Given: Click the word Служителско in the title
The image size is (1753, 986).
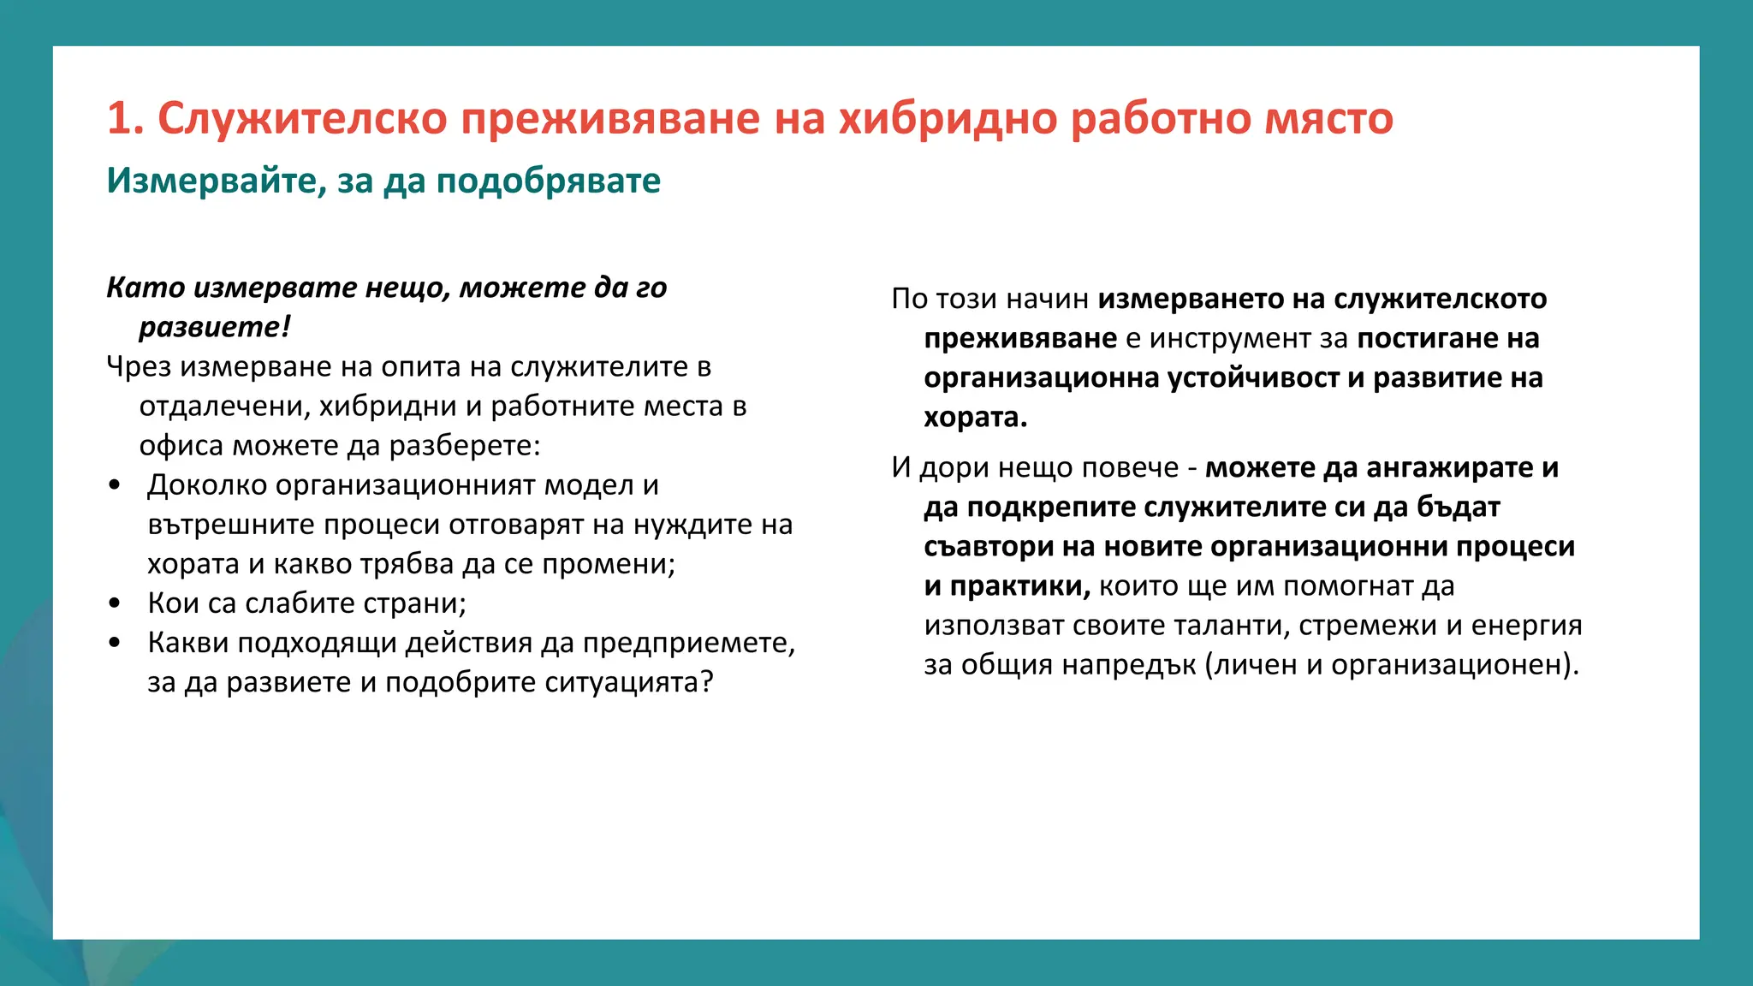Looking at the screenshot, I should pyautogui.click(x=302, y=118).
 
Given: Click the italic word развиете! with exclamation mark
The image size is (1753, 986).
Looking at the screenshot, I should pyautogui.click(x=215, y=327).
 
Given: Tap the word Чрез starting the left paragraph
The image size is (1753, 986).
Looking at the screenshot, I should pyautogui.click(x=139, y=366).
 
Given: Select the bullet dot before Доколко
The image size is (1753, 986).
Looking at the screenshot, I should pyautogui.click(x=115, y=486).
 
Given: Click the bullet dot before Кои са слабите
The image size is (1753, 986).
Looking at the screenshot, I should pyautogui.click(x=115, y=604).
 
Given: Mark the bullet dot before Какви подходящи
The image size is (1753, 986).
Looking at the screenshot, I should pyautogui.click(x=115, y=644).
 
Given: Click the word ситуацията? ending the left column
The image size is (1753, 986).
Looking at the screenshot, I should pyautogui.click(x=628, y=682).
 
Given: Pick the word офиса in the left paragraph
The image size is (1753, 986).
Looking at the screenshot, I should pyautogui.click(x=181, y=445).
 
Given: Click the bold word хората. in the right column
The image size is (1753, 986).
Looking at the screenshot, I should pyautogui.click(x=975, y=418).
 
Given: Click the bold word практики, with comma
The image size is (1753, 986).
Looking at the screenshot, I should pyautogui.click(x=1019, y=586).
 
